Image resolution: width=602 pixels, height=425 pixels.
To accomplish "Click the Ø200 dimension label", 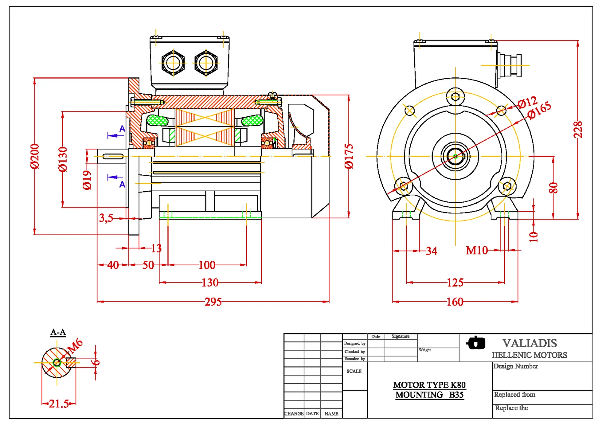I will click(35, 156).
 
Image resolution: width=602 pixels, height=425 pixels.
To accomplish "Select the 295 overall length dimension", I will click(213, 302).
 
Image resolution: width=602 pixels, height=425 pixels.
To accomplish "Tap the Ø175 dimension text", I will click(349, 156).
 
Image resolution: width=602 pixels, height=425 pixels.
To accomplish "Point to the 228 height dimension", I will click(578, 130).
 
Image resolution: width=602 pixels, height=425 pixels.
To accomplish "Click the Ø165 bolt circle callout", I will click(539, 110).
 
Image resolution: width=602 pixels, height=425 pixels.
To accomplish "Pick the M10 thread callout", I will click(476, 250).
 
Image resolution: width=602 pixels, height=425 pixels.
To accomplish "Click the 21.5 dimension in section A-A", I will click(59, 404).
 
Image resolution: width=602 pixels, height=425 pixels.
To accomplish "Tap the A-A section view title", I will click(58, 332).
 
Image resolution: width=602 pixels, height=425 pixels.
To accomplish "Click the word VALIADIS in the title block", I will click(529, 343).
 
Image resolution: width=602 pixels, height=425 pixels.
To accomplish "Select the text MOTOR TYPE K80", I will click(429, 385).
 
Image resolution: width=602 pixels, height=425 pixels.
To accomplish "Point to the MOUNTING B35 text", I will click(429, 395).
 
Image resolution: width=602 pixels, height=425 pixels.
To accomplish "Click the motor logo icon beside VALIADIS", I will click(476, 343).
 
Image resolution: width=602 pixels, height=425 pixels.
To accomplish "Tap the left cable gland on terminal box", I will click(173, 63).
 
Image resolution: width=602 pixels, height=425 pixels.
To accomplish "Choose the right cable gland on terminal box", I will click(206, 63).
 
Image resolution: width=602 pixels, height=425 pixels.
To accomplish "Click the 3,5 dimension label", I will click(106, 218).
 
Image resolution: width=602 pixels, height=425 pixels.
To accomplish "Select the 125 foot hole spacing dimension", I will click(455, 283).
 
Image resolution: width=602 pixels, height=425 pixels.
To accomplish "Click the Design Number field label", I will click(515, 366).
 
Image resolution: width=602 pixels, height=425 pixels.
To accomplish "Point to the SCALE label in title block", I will click(354, 371).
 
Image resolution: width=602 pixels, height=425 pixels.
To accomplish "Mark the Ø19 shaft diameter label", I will click(87, 180).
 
